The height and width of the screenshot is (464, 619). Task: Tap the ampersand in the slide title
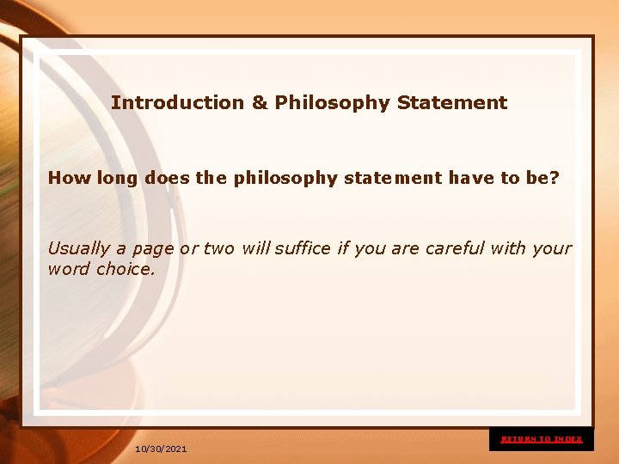pos(260,103)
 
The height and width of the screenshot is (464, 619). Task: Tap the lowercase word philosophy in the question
pos(285,178)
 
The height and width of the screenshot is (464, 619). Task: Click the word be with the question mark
pos(541,178)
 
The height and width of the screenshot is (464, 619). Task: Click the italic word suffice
pos(299,248)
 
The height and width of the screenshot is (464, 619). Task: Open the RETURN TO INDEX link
pos(542,439)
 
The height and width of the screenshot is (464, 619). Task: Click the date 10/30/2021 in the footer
pos(161,449)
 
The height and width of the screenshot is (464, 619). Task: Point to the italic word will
pos(255,248)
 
